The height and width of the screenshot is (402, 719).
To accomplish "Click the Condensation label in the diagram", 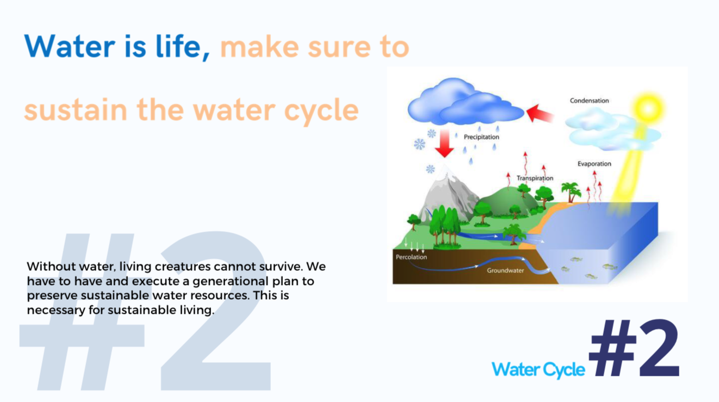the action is point(590,101).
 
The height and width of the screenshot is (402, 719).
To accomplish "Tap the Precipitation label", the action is point(481,137).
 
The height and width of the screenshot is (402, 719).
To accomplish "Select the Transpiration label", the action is point(535,178).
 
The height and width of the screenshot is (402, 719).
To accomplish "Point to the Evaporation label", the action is point(594,164).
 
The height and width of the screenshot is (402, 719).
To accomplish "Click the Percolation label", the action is point(411,257).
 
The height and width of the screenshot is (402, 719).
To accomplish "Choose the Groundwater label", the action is point(505,270).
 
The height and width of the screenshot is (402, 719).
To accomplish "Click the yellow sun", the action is point(648,109).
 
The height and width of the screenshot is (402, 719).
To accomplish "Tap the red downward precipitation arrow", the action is point(444,144).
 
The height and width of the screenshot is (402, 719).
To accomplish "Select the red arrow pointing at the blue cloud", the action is point(540,113).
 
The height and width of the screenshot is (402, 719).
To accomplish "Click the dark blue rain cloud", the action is point(465,102).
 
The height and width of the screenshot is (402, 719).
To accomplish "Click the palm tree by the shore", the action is point(571,191).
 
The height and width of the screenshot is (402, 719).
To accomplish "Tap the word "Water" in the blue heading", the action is point(69,46).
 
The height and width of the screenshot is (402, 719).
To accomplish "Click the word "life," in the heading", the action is point(183,47).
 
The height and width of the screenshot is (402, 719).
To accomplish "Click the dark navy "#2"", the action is point(634,348).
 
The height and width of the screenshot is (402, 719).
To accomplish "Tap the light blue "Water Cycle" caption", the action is point(538,369).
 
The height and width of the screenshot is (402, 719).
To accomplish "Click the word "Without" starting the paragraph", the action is point(51,267).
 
